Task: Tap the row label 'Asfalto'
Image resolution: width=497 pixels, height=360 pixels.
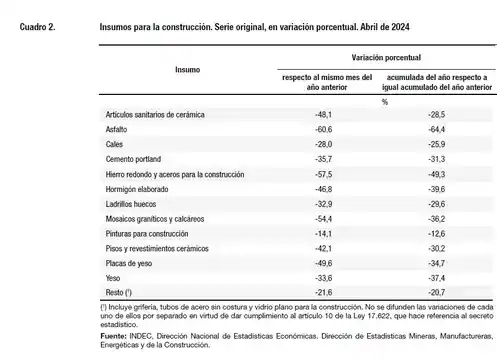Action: (116, 130)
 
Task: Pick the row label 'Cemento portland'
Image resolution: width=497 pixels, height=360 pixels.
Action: (133, 159)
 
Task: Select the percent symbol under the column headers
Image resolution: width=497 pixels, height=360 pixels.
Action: (384, 100)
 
